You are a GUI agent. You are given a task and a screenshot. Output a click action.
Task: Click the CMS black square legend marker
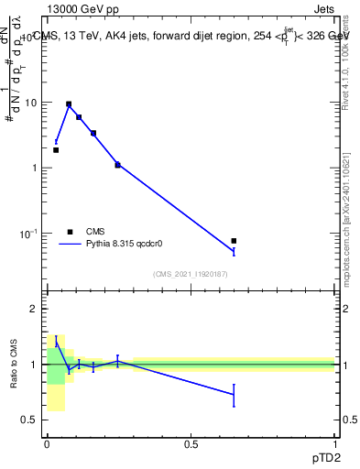70,232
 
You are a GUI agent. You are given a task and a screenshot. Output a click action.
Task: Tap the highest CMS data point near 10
69,104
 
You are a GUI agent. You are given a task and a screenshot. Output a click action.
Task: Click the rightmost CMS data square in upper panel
234,241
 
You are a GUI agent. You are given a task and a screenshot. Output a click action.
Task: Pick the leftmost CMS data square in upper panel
56,150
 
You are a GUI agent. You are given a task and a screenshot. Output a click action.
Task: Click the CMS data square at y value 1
117,165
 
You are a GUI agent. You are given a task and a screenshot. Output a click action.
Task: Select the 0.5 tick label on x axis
191,443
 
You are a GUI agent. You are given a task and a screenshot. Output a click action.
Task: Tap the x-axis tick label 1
334,443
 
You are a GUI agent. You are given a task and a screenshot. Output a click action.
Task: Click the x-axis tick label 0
47,443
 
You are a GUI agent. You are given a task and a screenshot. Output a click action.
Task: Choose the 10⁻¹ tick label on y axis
29,234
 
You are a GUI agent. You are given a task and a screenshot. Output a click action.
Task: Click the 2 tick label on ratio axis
35,310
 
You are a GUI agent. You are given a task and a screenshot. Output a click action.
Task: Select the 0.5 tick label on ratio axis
30,420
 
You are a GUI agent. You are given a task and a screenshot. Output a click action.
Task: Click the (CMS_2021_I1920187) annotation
191,274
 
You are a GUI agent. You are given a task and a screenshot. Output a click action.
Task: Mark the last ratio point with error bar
234,395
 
